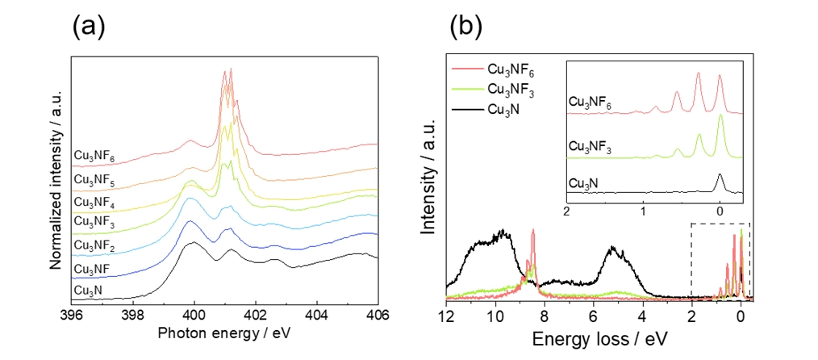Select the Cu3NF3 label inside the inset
pos(590,147)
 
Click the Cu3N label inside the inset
pos(585,184)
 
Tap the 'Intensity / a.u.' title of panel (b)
pos(432,178)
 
